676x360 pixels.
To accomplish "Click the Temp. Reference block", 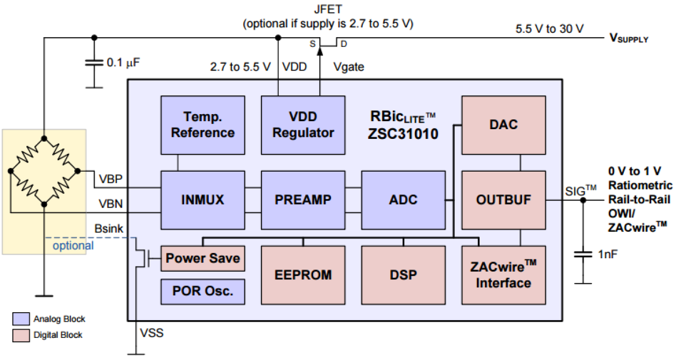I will click(203, 125).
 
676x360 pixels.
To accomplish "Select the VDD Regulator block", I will click(303, 125).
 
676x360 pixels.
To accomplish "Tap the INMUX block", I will click(203, 200).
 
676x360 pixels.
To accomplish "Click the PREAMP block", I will click(303, 200).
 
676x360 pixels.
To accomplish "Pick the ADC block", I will click(403, 200).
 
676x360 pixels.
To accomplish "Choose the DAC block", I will click(504, 125).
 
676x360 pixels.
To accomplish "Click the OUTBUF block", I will click(504, 200).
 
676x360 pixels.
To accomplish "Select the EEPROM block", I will click(303, 275).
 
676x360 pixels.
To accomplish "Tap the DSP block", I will click(403, 275).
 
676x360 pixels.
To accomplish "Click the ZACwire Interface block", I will click(504, 275).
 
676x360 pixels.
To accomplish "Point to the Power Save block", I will click(203, 259).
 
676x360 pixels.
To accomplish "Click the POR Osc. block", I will click(203, 291).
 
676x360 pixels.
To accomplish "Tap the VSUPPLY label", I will click(629, 38).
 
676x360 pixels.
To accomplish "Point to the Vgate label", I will click(349, 67).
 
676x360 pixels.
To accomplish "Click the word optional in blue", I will click(73, 246).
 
